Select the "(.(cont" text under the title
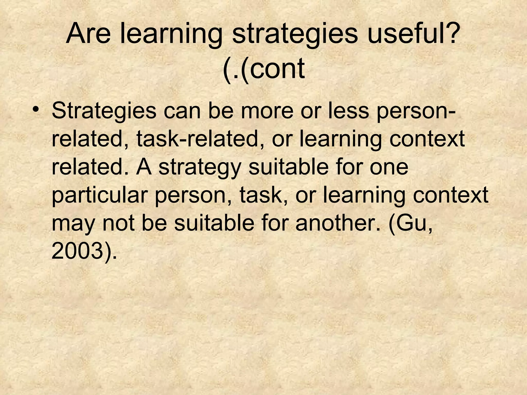(263, 69)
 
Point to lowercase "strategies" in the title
(295, 35)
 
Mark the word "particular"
(99, 195)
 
